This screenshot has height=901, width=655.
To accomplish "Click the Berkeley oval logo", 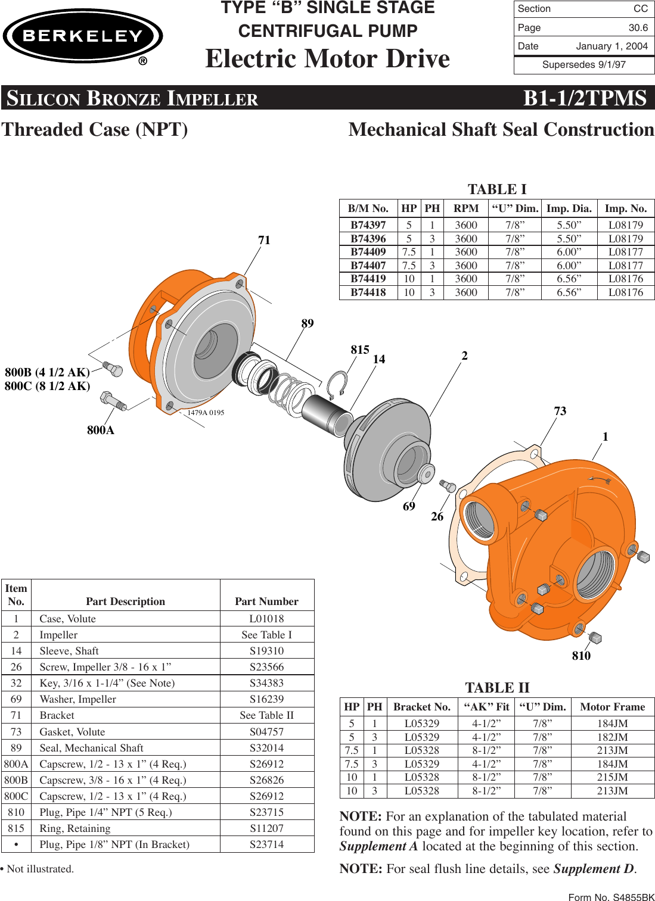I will coord(83,36).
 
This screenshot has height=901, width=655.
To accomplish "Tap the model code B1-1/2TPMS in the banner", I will coord(584,98).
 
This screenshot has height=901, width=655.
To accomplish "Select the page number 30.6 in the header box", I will coord(638,27).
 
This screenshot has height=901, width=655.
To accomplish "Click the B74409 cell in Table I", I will coord(368,252).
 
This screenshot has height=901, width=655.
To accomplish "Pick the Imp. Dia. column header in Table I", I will coord(569,208).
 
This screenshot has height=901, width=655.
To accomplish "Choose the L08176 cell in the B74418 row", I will coord(625,292).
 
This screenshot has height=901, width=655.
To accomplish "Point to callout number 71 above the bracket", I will coord(264,240).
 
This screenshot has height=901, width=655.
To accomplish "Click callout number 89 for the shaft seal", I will coord(307,323).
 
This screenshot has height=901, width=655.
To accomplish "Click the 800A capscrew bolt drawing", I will coord(113,401).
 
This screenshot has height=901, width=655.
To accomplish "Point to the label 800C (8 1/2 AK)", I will coord(48,386).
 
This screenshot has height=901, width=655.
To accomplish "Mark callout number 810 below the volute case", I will coord(581,656).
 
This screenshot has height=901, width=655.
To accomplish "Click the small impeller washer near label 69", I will coord(426,473).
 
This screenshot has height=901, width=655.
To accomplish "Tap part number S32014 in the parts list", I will coord(266,748).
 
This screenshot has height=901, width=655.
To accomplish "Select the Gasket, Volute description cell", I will coord(72,732).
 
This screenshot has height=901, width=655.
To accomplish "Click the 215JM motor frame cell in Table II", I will coord(612,777).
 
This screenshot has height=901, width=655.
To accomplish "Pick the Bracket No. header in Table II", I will coord(421,707).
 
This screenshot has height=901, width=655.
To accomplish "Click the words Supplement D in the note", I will coord(594,869).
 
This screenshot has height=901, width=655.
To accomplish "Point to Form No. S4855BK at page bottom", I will coord(611,897).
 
